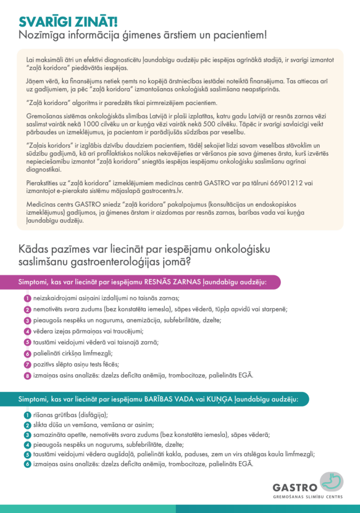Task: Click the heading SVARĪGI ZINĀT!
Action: pos(68,21)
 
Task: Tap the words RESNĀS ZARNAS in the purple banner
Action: pos(172,282)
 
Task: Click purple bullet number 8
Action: pos(28,375)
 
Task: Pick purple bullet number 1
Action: pos(28,298)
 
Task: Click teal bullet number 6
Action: pos(28,464)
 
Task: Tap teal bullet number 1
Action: pos(28,415)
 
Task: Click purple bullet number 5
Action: pos(28,342)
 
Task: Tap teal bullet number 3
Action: pos(28,435)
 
